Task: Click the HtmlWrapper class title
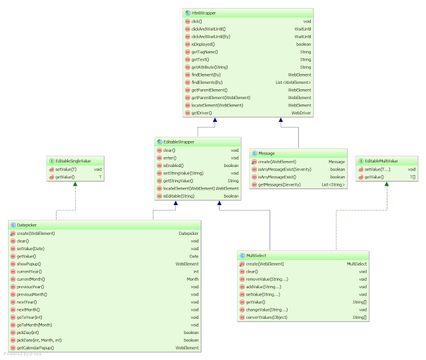coord(203,13)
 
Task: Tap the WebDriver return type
coord(301,113)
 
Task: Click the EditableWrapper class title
coord(174,142)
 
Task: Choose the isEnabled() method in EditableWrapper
coord(173,165)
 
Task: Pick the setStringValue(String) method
coord(183,173)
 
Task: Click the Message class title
coord(266,153)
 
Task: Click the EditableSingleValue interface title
coord(74,161)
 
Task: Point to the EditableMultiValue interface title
coord(382,161)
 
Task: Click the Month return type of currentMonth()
coord(192,279)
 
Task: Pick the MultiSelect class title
coord(257,256)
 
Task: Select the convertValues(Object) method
coord(268,317)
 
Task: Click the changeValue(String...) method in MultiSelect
coord(267,309)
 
